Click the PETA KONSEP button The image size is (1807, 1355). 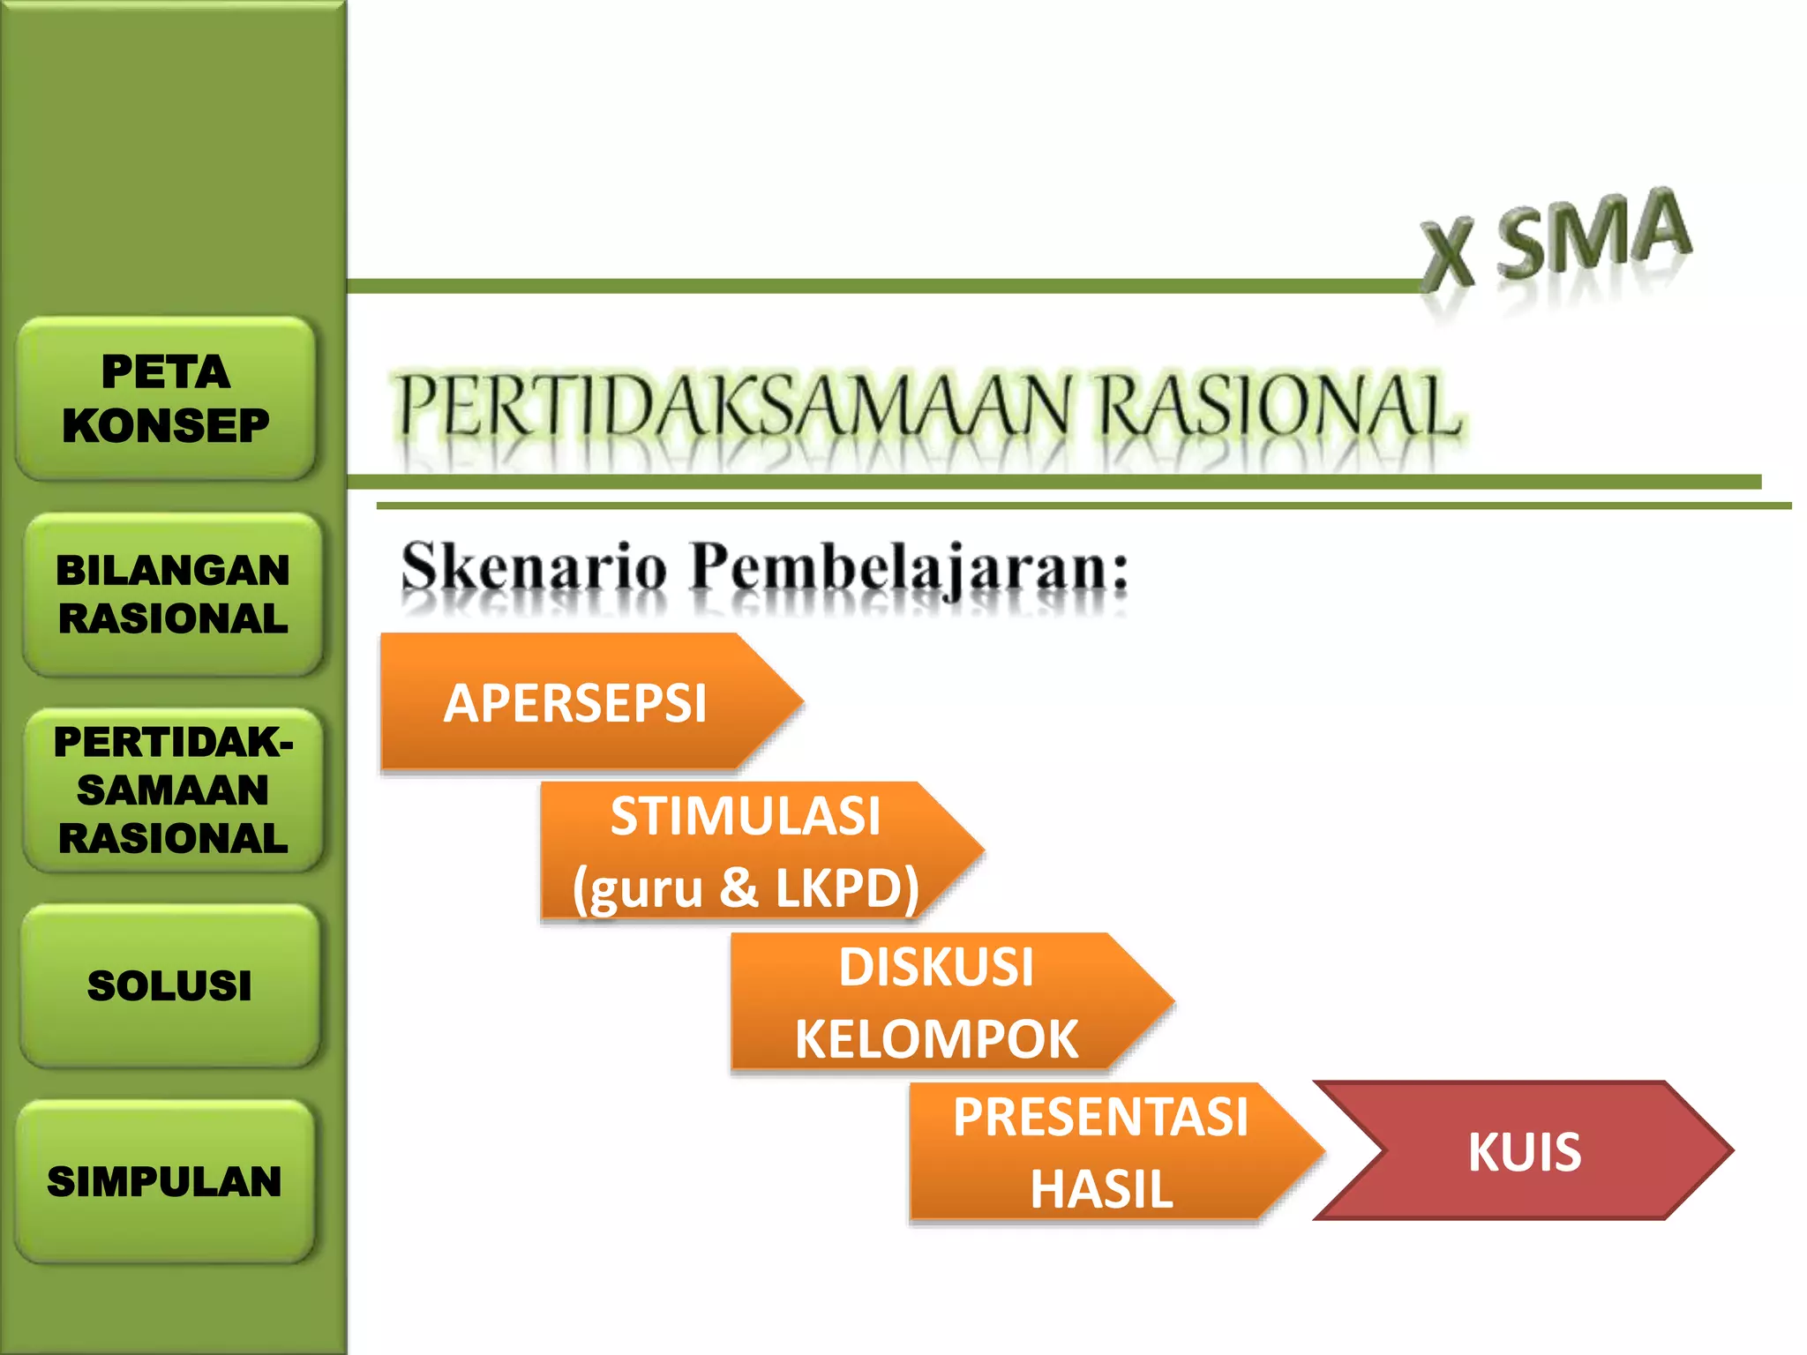[x=166, y=398]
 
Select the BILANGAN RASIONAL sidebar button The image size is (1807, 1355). [x=173, y=594]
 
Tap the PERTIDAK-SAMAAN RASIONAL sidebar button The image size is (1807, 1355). [x=173, y=790]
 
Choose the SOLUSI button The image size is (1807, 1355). [x=169, y=985]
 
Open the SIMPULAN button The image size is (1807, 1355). [x=165, y=1181]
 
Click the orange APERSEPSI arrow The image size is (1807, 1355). [x=575, y=703]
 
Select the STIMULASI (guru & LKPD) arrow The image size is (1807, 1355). [x=746, y=851]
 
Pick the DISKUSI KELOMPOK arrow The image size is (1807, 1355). [x=935, y=1002]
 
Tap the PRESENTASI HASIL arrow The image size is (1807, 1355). [x=1100, y=1152]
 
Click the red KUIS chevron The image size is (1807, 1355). [x=1525, y=1151]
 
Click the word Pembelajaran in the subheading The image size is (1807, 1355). [x=909, y=569]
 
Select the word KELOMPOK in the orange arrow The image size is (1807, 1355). [x=936, y=1039]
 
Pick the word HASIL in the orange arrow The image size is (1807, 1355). [x=1101, y=1189]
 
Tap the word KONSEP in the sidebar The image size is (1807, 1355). [x=166, y=426]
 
